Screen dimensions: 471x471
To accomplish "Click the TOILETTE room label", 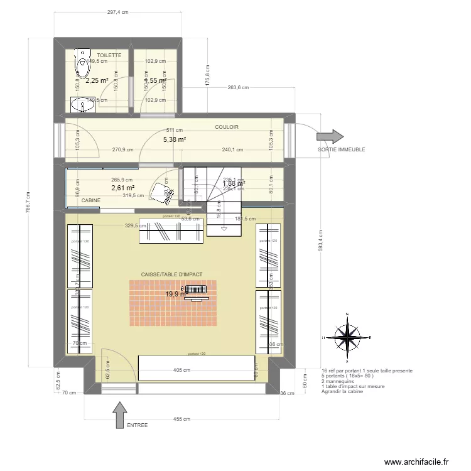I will point(109,56).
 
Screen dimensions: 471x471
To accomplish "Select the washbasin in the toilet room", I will point(84,105).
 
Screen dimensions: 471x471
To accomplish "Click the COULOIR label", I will point(227,127).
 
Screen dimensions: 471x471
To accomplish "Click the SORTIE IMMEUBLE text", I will point(342,149).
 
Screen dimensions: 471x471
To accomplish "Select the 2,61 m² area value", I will point(123,188).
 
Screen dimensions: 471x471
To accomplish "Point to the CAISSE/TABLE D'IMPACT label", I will point(171,274).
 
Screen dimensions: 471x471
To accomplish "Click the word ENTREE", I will point(137,425).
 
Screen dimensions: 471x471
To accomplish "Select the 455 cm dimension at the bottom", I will point(181,418).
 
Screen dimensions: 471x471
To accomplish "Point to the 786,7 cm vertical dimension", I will point(27,202).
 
